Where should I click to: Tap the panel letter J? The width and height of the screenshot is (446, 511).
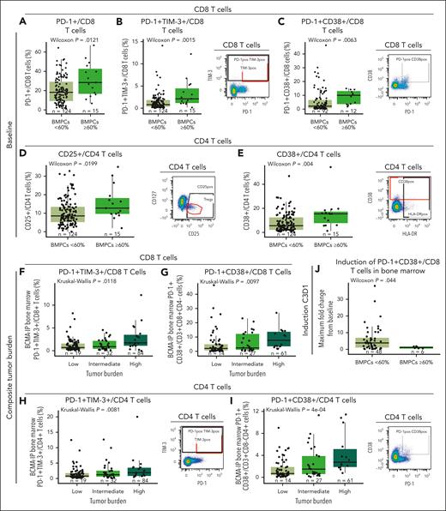311,275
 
